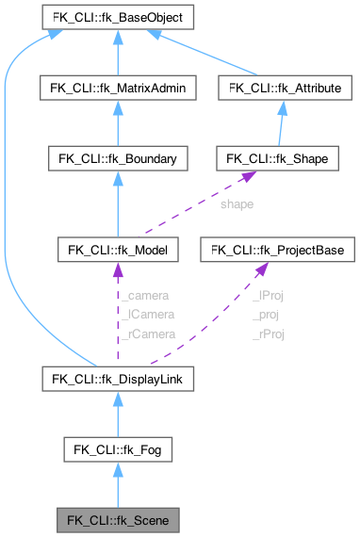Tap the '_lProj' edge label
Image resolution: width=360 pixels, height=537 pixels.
[268, 295]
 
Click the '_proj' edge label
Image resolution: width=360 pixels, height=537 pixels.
[268, 314]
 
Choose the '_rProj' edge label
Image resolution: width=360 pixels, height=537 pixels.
[268, 333]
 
